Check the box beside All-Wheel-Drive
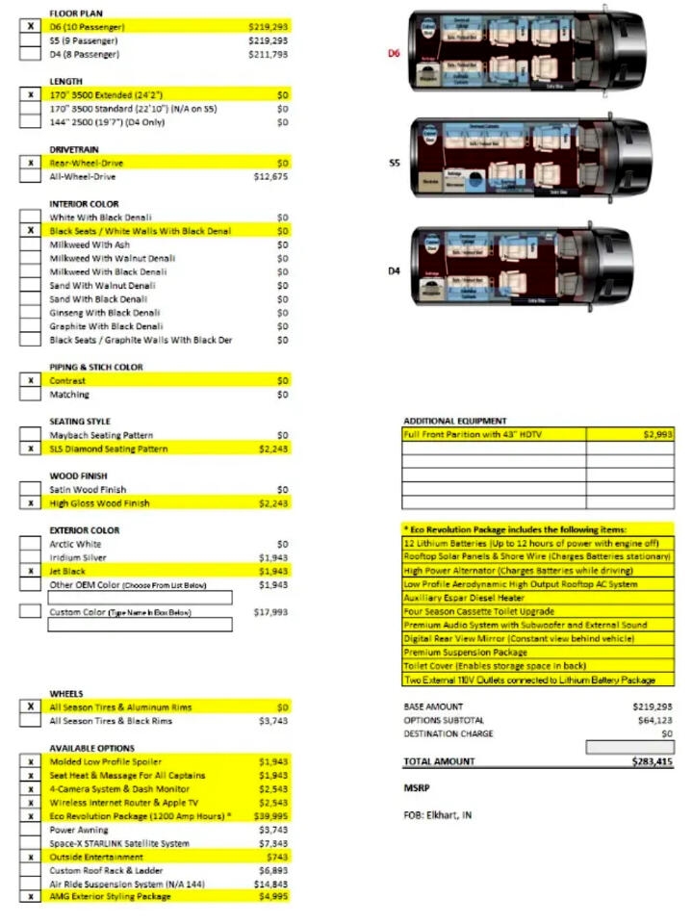(31, 177)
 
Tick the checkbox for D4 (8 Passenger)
(31, 55)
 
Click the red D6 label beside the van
(393, 54)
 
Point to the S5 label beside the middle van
(394, 163)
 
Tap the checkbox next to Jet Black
(31, 572)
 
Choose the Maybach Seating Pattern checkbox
(31, 436)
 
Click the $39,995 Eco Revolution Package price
(269, 815)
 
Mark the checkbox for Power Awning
(31, 829)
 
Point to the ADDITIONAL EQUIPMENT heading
(454, 422)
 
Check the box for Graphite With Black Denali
(31, 326)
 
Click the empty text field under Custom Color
(141, 626)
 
